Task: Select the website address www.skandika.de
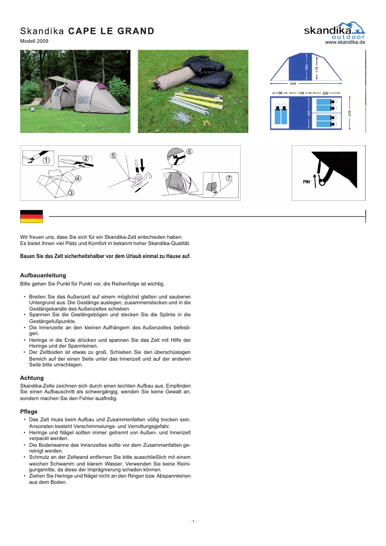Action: click(x=345, y=43)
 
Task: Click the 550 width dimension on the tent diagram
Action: click(x=292, y=83)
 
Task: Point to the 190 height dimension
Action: click(x=307, y=66)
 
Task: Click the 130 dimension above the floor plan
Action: click(x=279, y=92)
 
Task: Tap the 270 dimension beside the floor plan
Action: click(x=350, y=113)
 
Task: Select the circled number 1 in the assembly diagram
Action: click(x=46, y=160)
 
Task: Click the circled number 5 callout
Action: click(x=113, y=156)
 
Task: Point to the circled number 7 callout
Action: click(x=229, y=178)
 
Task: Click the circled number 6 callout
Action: click(x=189, y=151)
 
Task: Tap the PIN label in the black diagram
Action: click(x=306, y=182)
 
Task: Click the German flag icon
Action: click(x=31, y=217)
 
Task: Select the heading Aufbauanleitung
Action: click(x=43, y=275)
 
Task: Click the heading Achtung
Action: click(x=32, y=378)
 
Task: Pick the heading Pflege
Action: click(x=29, y=412)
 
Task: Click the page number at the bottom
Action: click(x=193, y=522)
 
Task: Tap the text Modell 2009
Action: click(x=34, y=41)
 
